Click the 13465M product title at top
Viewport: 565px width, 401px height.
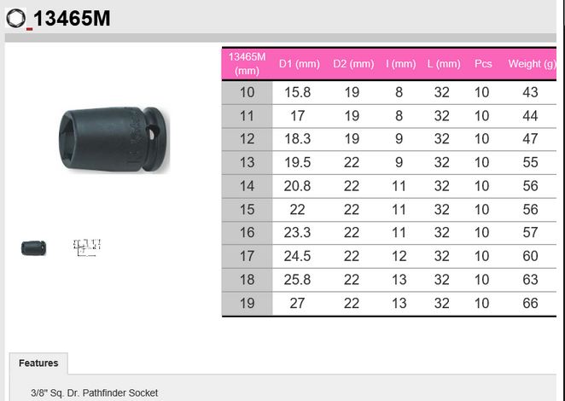[x=72, y=18]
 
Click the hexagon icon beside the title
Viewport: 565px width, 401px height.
[x=16, y=18]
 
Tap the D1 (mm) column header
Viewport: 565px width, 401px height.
[x=300, y=64]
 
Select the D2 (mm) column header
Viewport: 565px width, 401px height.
[x=353, y=64]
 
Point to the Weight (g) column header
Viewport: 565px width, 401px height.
[x=532, y=64]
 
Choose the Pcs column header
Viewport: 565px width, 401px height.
[x=483, y=64]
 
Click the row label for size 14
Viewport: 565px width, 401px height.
[x=248, y=186]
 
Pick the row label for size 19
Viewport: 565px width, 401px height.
[x=248, y=303]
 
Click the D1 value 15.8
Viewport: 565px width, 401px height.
[x=298, y=92]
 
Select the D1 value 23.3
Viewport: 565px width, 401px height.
[x=297, y=232]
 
